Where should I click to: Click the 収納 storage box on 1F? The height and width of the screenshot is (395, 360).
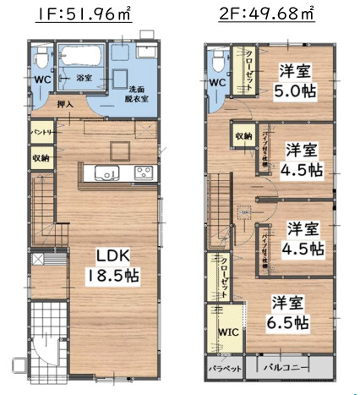pos(40,157)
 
